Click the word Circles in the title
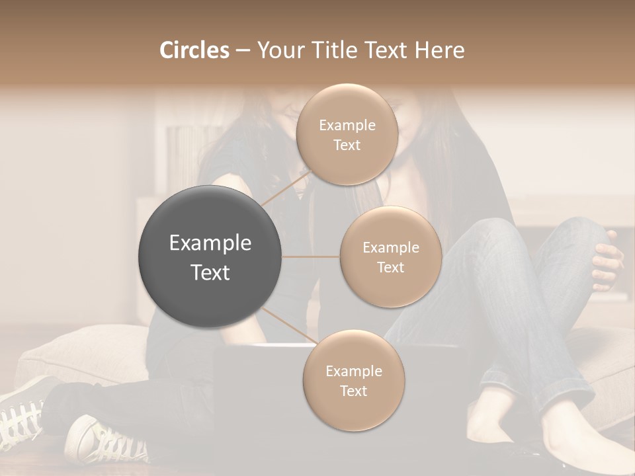(194, 50)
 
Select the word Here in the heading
(440, 50)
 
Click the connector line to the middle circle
(310, 257)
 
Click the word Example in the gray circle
(210, 243)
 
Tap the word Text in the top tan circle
(347, 145)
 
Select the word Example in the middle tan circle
(390, 248)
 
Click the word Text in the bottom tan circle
(353, 391)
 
